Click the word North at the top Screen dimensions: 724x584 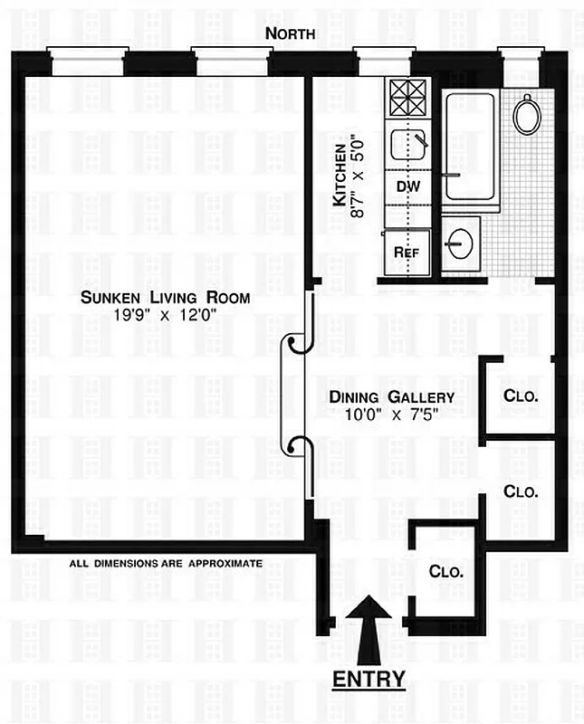(x=291, y=33)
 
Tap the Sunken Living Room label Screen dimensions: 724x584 (x=164, y=297)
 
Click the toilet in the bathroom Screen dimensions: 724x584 (x=526, y=114)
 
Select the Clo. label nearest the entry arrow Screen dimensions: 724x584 (x=445, y=572)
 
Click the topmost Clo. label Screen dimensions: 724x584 (x=521, y=395)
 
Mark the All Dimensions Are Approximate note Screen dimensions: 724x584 (x=166, y=563)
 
